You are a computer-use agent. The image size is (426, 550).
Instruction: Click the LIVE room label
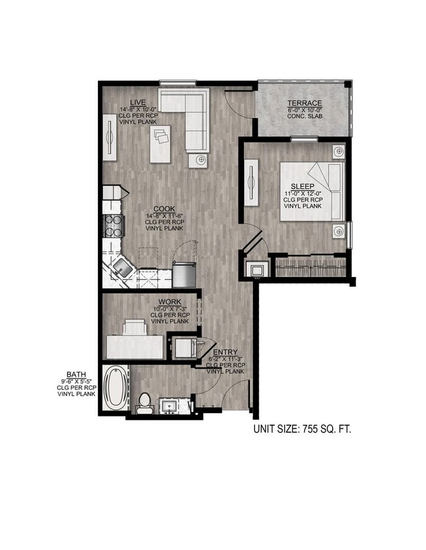click(x=137, y=102)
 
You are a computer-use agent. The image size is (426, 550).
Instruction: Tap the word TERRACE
click(x=305, y=103)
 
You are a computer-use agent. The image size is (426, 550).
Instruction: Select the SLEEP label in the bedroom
click(x=302, y=186)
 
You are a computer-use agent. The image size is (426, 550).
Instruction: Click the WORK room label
click(x=170, y=301)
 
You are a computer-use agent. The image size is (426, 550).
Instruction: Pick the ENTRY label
click(x=226, y=353)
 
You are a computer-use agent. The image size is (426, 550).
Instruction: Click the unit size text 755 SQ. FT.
click(x=302, y=429)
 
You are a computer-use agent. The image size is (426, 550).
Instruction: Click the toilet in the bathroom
click(x=144, y=401)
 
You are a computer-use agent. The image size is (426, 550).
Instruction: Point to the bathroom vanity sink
click(x=170, y=405)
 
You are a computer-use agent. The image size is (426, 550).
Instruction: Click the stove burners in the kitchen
click(x=114, y=225)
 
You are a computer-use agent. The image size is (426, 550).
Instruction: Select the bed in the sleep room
click(x=312, y=191)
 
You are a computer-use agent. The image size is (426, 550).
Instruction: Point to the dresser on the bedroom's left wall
click(x=252, y=182)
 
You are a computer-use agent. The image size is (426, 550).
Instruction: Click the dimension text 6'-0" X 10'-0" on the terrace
click(x=305, y=111)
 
